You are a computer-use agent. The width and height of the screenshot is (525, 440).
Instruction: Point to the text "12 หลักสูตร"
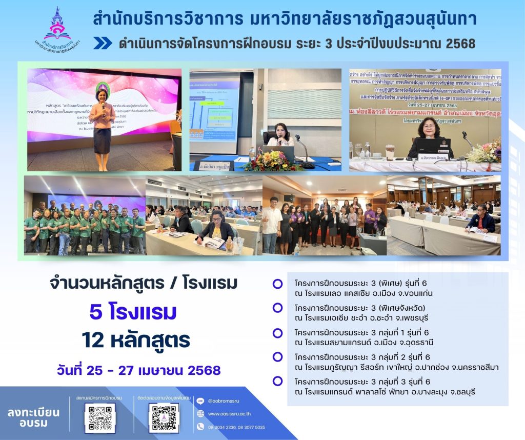coord(135,339)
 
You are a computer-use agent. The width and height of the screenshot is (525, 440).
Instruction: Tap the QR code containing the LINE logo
coord(99,418)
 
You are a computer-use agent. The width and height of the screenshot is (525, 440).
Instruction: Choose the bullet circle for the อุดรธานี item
coord(277,333)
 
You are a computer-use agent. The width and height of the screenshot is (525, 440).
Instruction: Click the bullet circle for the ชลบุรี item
coord(277,381)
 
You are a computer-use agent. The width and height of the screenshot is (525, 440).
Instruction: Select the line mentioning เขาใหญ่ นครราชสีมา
coord(396,367)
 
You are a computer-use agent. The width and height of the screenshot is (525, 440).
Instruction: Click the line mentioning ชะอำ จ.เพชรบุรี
coord(353,318)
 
